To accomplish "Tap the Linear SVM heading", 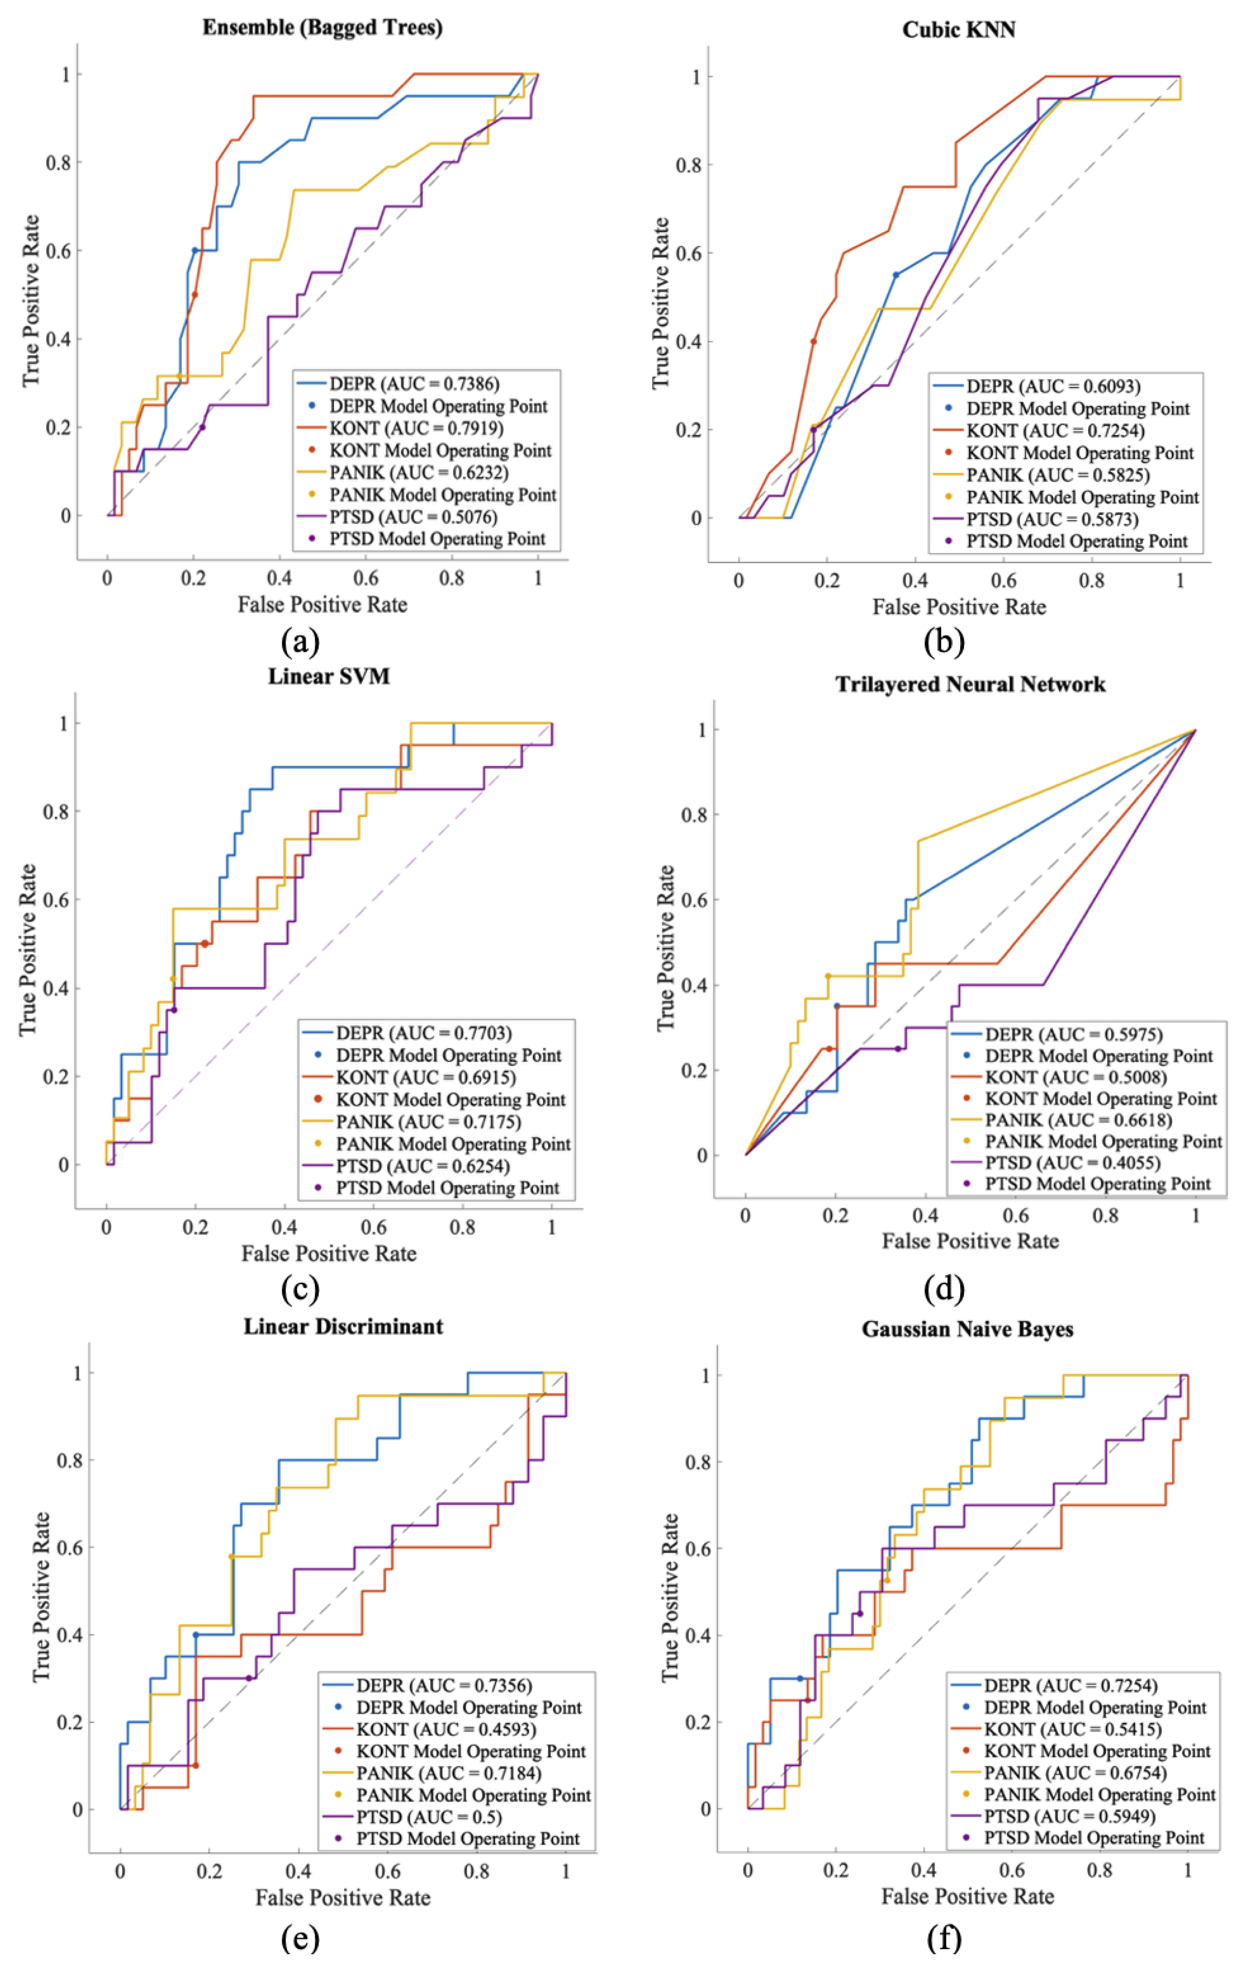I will coord(329,677).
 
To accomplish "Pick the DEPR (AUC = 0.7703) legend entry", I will coord(424,1033).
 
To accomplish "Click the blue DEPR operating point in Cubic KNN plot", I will coord(896,275).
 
